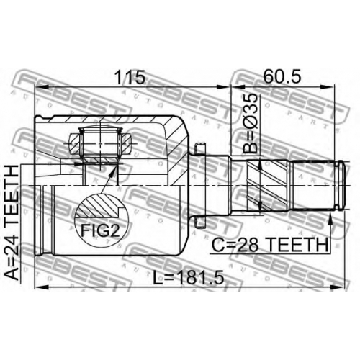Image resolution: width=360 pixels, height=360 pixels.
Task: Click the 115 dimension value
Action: pyautogui.click(x=130, y=77)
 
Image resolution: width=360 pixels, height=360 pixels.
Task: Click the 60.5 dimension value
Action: pyautogui.click(x=282, y=76)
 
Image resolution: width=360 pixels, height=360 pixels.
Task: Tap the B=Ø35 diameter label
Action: pyautogui.click(x=250, y=124)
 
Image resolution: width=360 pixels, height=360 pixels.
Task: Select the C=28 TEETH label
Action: pyautogui.click(x=269, y=244)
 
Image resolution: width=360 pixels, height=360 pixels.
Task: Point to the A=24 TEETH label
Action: pyautogui.click(x=12, y=222)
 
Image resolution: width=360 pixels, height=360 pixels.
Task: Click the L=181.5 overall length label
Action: pyautogui.click(x=189, y=277)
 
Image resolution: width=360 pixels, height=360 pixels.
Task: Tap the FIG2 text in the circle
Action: pyautogui.click(x=100, y=230)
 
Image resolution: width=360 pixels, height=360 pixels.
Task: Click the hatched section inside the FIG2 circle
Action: pyautogui.click(x=99, y=206)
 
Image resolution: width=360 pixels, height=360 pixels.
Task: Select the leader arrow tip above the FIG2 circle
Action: pyautogui.click(x=116, y=166)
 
